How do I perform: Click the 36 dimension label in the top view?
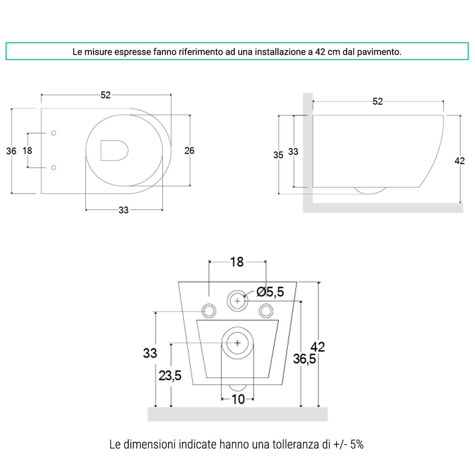coord(11,151)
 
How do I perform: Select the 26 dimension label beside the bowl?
coord(189,151)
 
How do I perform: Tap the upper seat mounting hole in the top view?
coord(54,133)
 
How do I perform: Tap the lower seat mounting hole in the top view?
coord(54,168)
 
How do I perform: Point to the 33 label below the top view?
coord(123,210)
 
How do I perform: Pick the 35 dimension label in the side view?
coord(278,155)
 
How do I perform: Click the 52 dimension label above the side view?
coord(377,102)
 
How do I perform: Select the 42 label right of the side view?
coord(459,161)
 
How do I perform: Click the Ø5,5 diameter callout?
coord(270,292)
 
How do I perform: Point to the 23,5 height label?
coord(170,376)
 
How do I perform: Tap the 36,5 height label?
coord(304,359)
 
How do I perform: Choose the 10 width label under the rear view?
coord(238,400)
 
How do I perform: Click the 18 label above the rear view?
coord(237,262)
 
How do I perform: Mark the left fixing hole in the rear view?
coord(209,311)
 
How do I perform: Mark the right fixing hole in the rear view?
coord(266,311)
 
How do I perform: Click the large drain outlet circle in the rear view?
coord(237,343)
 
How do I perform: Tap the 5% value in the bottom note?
coord(357,445)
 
